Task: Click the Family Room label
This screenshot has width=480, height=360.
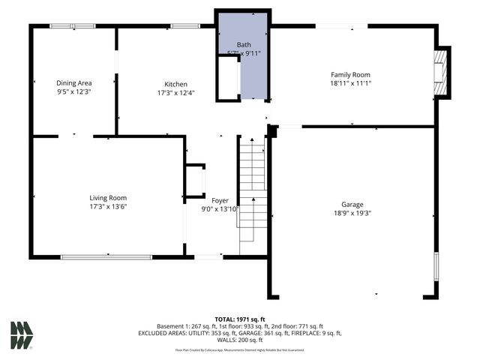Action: point(350,74)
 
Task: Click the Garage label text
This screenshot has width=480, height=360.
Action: point(352,203)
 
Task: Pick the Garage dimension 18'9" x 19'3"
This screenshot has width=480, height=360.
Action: point(352,212)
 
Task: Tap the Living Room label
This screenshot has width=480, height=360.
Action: point(108,198)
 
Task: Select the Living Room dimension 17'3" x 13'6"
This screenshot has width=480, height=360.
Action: point(108,207)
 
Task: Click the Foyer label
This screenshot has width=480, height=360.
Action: point(220,200)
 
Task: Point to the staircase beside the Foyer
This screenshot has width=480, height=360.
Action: point(253,195)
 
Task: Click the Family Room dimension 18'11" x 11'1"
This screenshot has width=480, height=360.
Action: point(350,84)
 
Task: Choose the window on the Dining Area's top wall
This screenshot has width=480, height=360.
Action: point(73,26)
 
